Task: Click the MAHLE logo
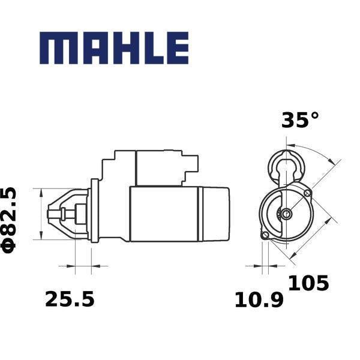(114, 48)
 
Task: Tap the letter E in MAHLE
(178, 48)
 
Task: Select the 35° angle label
(300, 120)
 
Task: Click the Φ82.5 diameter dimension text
(8, 220)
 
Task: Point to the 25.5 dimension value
(70, 299)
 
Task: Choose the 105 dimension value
(308, 283)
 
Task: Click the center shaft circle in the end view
(286, 214)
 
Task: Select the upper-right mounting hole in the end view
(307, 193)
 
